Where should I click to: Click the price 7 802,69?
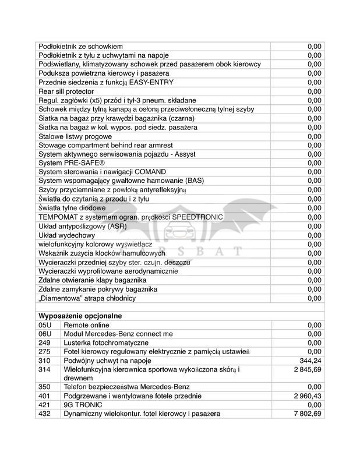coord(306,414)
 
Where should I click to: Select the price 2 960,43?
coord(306,396)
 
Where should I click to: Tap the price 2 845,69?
coord(306,369)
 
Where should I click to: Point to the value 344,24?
coord(310,361)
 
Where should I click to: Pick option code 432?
coord(44,414)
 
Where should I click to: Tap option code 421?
coord(44,404)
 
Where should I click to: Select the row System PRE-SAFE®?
coord(72,163)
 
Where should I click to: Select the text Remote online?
coord(86,324)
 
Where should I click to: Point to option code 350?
coord(44,386)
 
